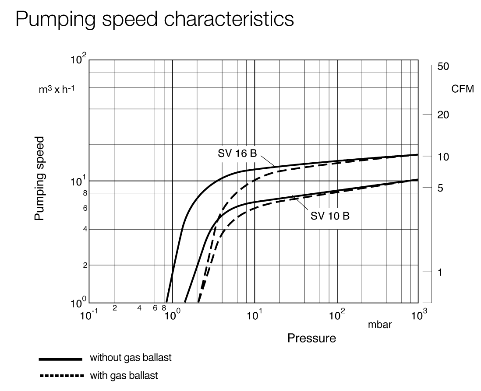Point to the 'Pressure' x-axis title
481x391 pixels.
coord(311,338)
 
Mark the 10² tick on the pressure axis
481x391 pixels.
coord(336,315)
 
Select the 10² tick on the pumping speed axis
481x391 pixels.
coord(79,59)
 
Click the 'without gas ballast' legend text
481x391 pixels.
coord(130,358)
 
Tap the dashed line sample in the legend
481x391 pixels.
coord(60,375)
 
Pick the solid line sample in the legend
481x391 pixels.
coord(60,359)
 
